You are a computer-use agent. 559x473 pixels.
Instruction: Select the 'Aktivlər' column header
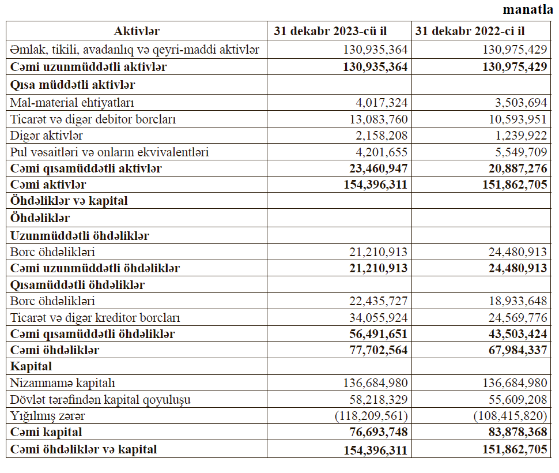pos(137,31)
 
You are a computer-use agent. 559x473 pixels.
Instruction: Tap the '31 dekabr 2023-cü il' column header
pos(339,31)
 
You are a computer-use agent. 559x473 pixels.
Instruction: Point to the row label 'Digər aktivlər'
pos(47,136)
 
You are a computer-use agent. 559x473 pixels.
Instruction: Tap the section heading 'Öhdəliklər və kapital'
pos(69,201)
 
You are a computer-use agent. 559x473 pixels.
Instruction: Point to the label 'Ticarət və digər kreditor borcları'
pos(96,318)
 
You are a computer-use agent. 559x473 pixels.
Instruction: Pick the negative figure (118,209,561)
pos(371,416)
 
